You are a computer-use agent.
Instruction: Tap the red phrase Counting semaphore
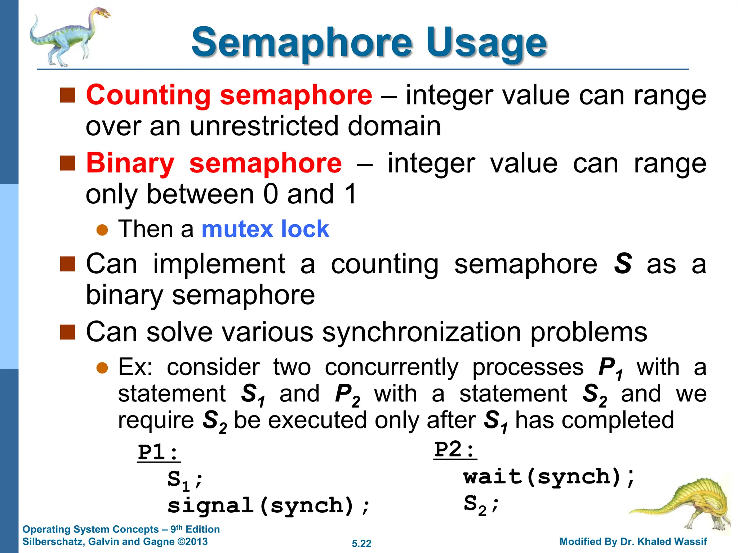point(229,95)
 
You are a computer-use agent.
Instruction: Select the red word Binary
point(130,163)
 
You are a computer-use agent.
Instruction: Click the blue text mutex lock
point(265,229)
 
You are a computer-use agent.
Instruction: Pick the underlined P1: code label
point(159,452)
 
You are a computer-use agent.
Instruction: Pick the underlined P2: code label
point(455,450)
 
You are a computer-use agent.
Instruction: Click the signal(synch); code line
point(268,505)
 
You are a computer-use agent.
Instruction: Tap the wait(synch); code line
point(549,477)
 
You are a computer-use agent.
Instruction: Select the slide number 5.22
point(361,544)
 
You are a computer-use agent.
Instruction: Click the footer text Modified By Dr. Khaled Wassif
point(633,541)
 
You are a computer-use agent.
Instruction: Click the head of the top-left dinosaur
point(102,14)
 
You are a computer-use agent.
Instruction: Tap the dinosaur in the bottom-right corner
point(685,504)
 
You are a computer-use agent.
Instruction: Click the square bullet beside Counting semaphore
point(67,95)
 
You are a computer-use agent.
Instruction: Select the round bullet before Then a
point(102,230)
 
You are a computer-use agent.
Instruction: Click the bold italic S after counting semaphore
point(623,264)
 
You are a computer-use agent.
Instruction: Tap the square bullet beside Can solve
point(67,332)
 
